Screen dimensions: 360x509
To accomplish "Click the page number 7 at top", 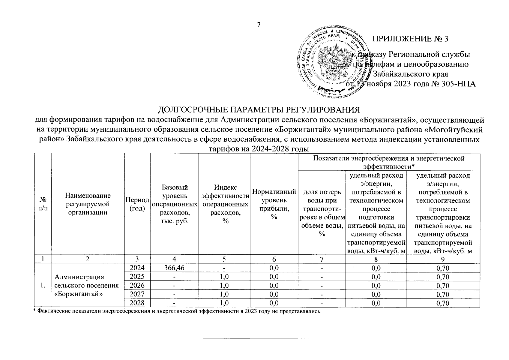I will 259,25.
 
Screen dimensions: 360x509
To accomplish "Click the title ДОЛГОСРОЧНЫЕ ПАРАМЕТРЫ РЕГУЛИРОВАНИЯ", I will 259,109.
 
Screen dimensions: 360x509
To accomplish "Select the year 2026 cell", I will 137,285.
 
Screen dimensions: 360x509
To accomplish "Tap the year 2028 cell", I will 137,303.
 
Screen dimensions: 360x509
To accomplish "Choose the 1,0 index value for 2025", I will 224,277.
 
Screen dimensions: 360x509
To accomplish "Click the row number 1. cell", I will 43,285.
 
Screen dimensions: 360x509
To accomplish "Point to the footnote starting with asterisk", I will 177,311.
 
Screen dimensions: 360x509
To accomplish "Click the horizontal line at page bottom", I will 259,339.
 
